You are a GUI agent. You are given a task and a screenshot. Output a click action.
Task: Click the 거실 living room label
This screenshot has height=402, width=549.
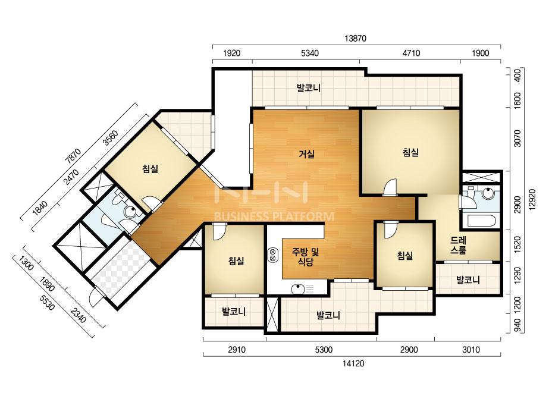307,154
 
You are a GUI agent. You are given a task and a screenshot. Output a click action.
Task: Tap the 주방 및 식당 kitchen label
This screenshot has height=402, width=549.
306,257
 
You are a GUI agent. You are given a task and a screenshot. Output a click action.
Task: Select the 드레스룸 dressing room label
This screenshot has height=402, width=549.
459,245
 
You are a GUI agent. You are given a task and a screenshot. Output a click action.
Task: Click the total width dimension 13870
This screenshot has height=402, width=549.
355,39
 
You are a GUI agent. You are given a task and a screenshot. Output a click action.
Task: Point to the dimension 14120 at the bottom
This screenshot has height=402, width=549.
353,363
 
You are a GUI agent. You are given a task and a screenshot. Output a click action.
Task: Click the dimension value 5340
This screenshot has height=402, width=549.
310,54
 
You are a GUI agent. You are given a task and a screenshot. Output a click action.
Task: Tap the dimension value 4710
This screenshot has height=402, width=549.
411,54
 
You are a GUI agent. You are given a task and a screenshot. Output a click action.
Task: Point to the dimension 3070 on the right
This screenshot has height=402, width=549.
517,139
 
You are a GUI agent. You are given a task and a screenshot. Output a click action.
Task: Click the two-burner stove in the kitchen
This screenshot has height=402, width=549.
273,255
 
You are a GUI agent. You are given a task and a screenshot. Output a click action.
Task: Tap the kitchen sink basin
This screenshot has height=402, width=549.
297,289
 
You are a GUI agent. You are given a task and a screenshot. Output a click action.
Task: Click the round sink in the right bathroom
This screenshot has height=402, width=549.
488,193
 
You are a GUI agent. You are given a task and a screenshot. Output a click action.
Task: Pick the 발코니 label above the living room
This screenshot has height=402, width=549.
309,87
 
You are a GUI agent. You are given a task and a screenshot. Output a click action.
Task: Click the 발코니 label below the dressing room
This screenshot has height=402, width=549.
468,279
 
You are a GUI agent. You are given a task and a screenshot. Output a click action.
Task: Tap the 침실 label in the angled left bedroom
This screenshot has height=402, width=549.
150,169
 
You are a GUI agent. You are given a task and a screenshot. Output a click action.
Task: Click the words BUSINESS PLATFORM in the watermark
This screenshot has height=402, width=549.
274,216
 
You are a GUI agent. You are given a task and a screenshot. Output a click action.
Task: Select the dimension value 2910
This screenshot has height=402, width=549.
237,350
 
